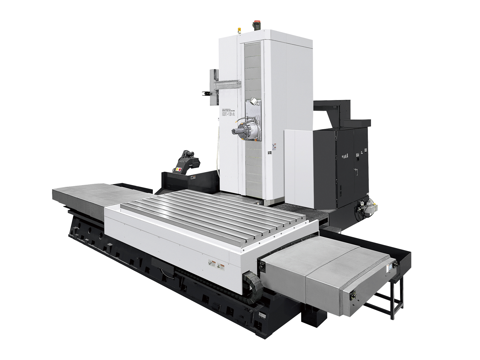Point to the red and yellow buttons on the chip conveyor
pos(179,169)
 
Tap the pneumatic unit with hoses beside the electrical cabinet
pos(363,208)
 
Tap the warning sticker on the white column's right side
pos(275,145)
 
